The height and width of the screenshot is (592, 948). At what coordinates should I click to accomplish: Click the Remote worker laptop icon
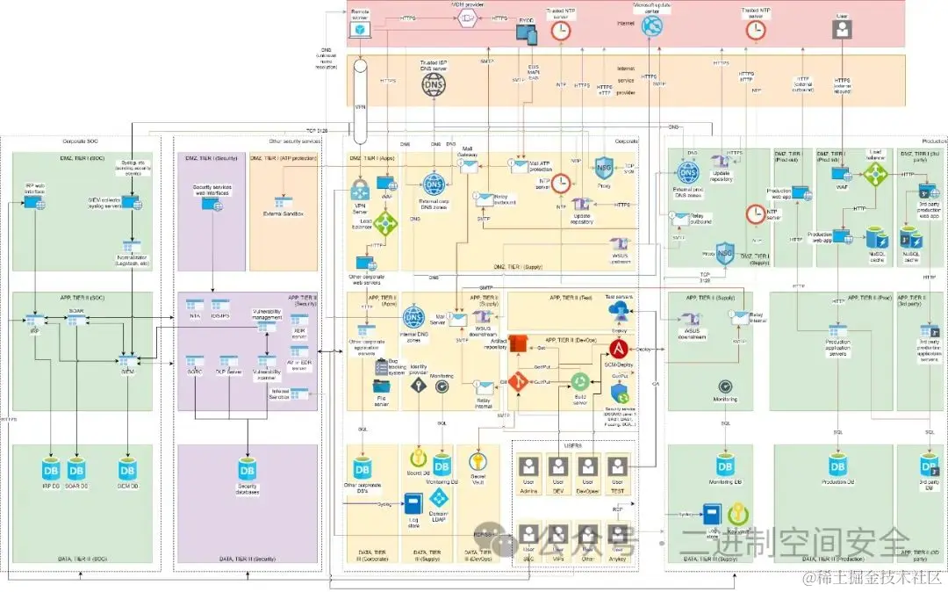pos(360,30)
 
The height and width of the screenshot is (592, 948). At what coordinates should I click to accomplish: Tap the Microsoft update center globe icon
pos(652,26)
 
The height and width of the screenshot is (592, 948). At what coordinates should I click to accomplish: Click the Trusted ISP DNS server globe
pos(434,84)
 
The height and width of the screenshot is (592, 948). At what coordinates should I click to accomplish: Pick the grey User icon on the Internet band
pos(842,29)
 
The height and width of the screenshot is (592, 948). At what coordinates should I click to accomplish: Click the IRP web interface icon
pos(35,202)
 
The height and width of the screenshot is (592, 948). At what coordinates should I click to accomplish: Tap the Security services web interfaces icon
pos(212,203)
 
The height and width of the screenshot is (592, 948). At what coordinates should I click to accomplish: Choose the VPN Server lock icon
pos(360,189)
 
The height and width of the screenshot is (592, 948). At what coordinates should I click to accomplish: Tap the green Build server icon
pos(580,381)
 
